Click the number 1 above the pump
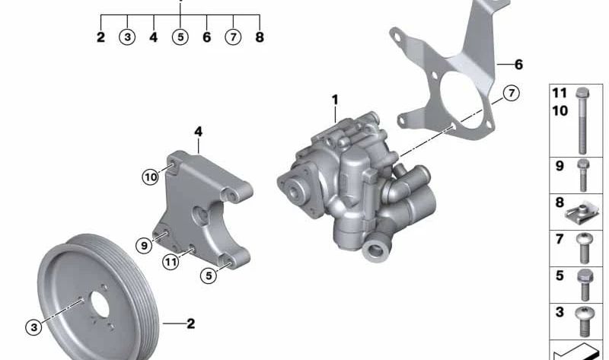point(333,100)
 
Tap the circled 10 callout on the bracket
point(150,177)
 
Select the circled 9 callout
point(144,245)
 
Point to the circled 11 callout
point(170,263)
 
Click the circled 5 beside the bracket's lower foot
point(209,276)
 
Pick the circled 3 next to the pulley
point(33,327)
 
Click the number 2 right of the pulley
point(190,324)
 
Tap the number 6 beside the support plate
point(518,65)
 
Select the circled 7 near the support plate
point(511,94)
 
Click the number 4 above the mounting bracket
point(198,132)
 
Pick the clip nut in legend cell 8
point(582,209)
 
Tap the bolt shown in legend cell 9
point(583,174)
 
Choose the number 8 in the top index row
point(260,37)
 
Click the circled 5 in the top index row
point(180,37)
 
